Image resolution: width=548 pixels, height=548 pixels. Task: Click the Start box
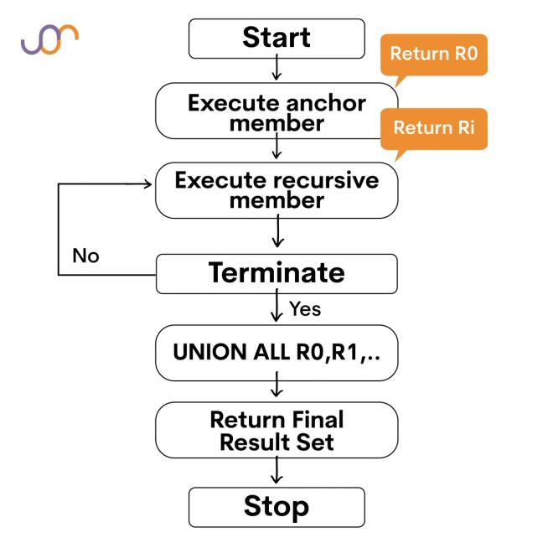(x=277, y=38)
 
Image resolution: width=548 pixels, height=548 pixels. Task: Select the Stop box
(x=277, y=507)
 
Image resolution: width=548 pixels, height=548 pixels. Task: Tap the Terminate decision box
(x=277, y=273)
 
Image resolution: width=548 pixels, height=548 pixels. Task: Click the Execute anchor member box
(x=277, y=113)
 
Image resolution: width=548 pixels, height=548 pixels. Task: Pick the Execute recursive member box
(x=277, y=191)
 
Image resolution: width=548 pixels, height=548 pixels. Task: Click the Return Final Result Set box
(x=277, y=430)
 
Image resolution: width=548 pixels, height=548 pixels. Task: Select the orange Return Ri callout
(x=433, y=128)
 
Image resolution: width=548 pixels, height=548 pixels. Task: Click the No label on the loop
(x=85, y=256)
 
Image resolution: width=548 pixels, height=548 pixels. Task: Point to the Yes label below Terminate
(x=305, y=309)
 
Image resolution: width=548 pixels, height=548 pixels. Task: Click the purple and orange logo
(x=50, y=39)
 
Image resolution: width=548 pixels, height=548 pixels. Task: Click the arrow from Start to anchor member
(x=277, y=69)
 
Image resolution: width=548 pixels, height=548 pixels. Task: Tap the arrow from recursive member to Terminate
(x=277, y=230)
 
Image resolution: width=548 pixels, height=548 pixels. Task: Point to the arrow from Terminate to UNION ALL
(x=277, y=309)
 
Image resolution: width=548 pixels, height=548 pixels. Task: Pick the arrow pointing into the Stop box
(x=277, y=472)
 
